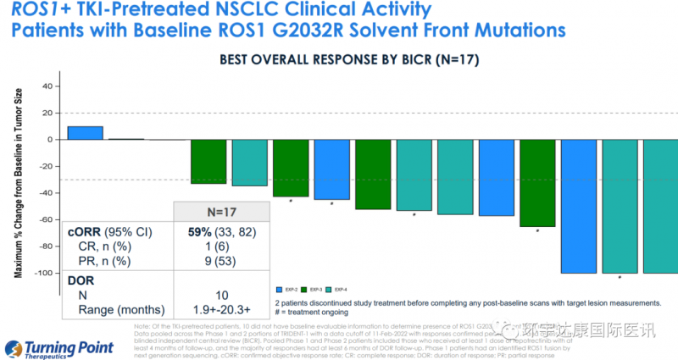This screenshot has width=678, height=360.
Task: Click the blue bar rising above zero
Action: tap(85, 133)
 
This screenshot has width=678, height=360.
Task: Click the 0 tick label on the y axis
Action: tap(50, 140)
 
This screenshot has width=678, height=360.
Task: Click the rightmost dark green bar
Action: tap(537, 184)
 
